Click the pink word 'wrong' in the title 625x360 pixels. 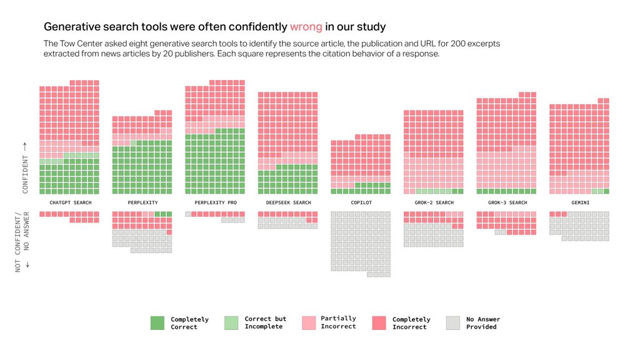click(x=306, y=27)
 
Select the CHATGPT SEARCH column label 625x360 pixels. click(x=70, y=202)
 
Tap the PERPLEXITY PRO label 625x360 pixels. click(x=216, y=202)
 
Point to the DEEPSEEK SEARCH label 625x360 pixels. click(x=288, y=202)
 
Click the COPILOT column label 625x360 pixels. click(x=361, y=202)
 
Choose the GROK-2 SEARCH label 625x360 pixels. click(x=434, y=202)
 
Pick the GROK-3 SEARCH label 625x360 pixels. click(x=506, y=202)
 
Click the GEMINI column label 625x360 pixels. click(x=579, y=202)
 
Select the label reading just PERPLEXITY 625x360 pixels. click(x=142, y=202)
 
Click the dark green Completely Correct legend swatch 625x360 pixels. click(x=157, y=322)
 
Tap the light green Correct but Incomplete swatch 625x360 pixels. click(x=231, y=322)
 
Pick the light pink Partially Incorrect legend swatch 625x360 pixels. click(x=308, y=322)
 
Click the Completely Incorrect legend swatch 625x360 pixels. click(x=379, y=322)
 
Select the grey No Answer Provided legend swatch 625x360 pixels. click(x=453, y=322)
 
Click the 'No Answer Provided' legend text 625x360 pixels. click(x=483, y=322)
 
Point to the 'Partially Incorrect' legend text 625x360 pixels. click(x=338, y=322)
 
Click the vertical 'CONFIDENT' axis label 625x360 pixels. click(x=25, y=167)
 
